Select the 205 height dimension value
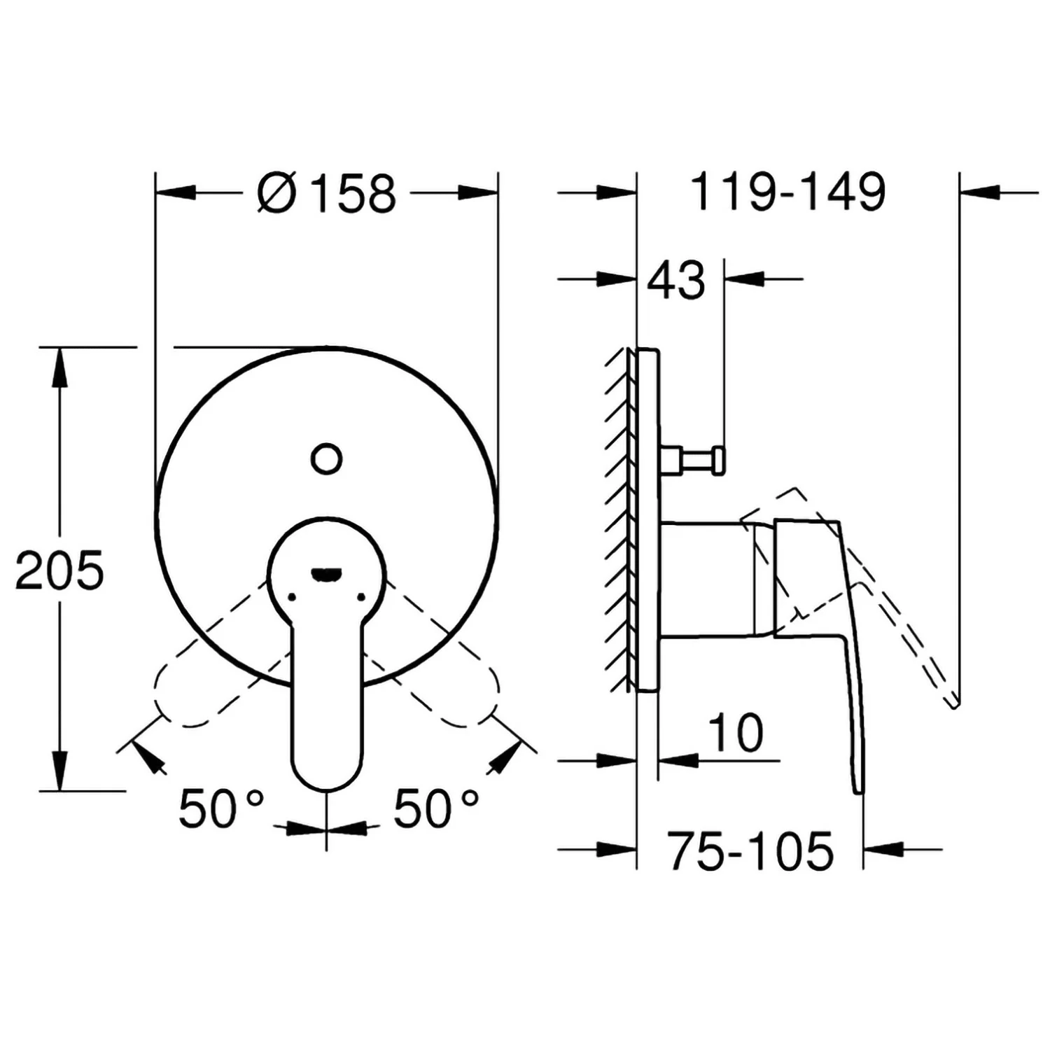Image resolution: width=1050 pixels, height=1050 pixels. pyautogui.click(x=59, y=570)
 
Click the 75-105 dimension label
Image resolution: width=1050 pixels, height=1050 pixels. pyautogui.click(x=750, y=850)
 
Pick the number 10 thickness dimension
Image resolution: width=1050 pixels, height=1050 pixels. pyautogui.click(x=736, y=733)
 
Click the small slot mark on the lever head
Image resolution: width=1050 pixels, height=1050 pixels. pyautogui.click(x=326, y=575)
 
